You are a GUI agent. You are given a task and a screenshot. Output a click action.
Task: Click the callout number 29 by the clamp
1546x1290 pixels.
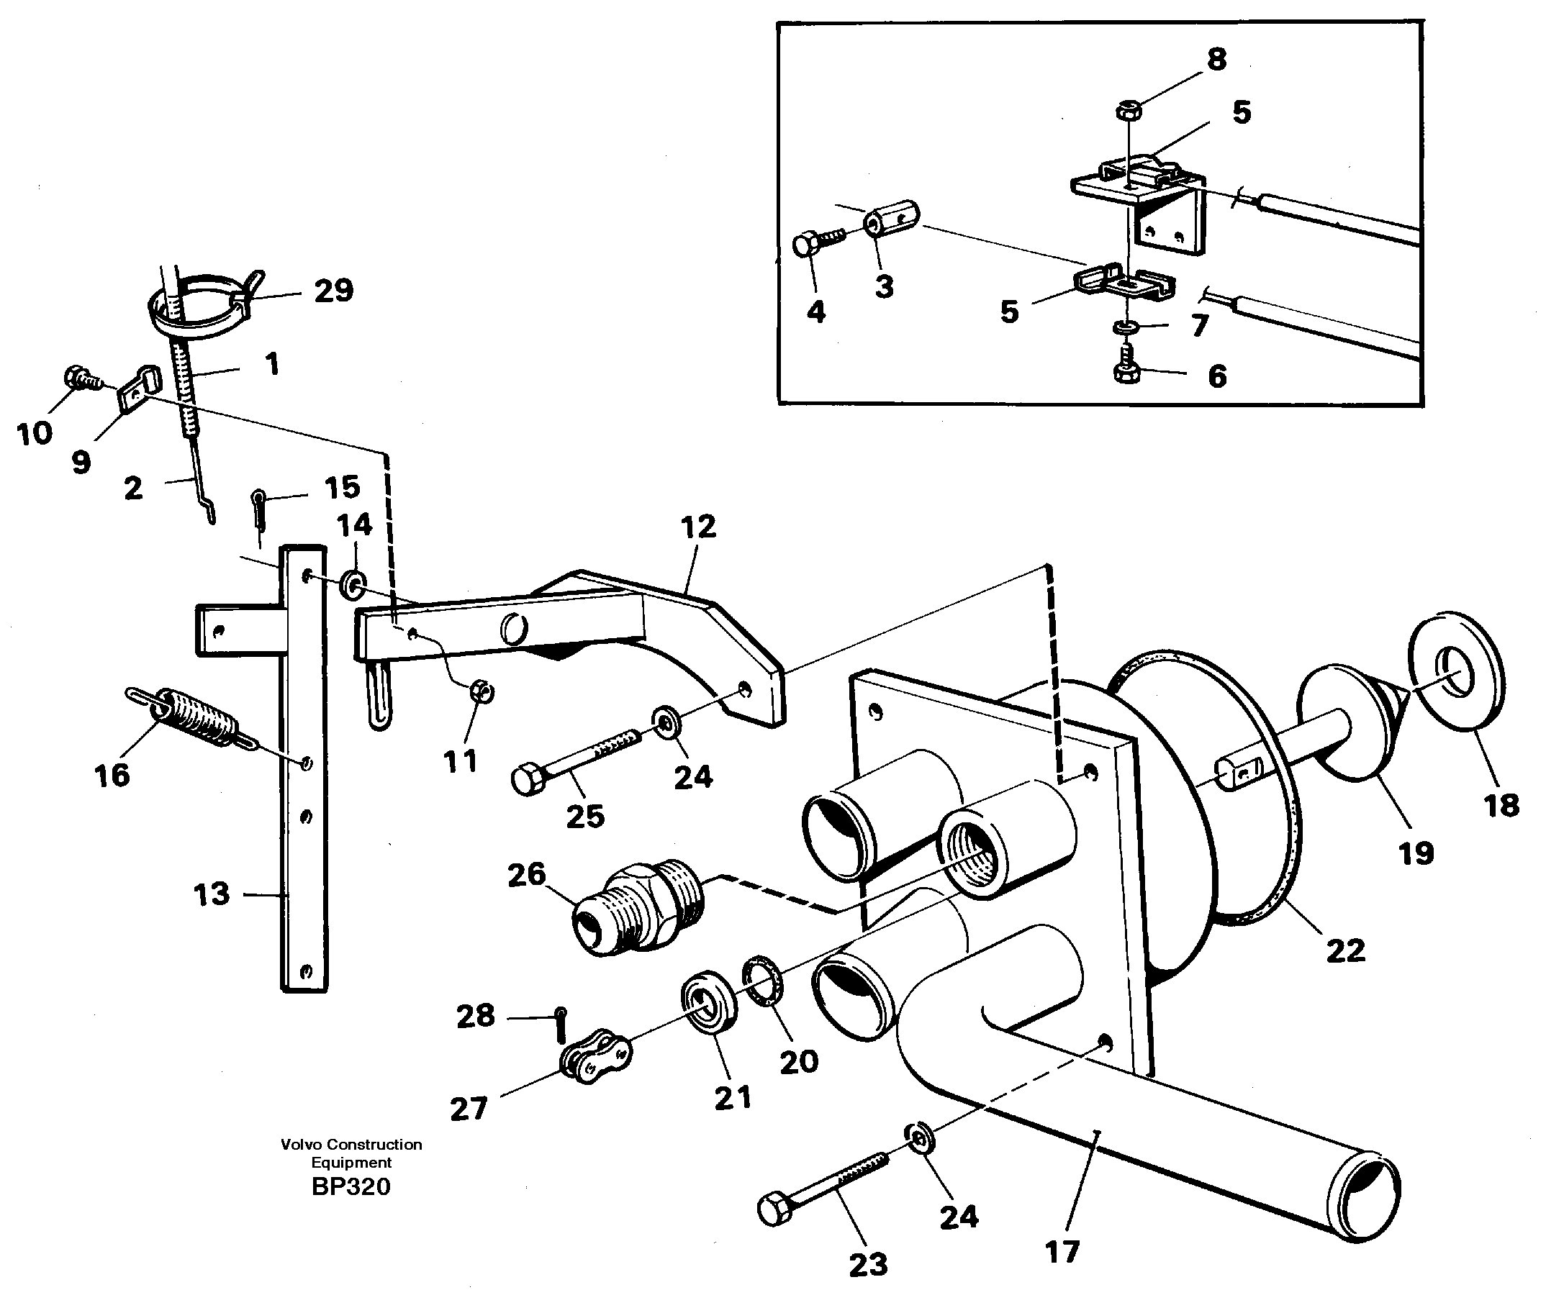point(333,291)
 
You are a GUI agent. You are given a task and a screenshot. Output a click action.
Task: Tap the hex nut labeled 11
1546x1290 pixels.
point(482,691)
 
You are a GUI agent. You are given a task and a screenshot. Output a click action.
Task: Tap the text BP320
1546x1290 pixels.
point(351,1187)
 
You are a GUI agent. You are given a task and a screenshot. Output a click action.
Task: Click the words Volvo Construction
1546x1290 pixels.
point(351,1144)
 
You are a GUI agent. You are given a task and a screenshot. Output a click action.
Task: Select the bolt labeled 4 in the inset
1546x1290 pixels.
point(808,245)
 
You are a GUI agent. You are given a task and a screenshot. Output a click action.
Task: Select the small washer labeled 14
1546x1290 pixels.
point(353,586)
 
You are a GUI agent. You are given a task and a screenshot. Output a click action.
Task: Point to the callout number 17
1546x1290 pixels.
point(1062,1251)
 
